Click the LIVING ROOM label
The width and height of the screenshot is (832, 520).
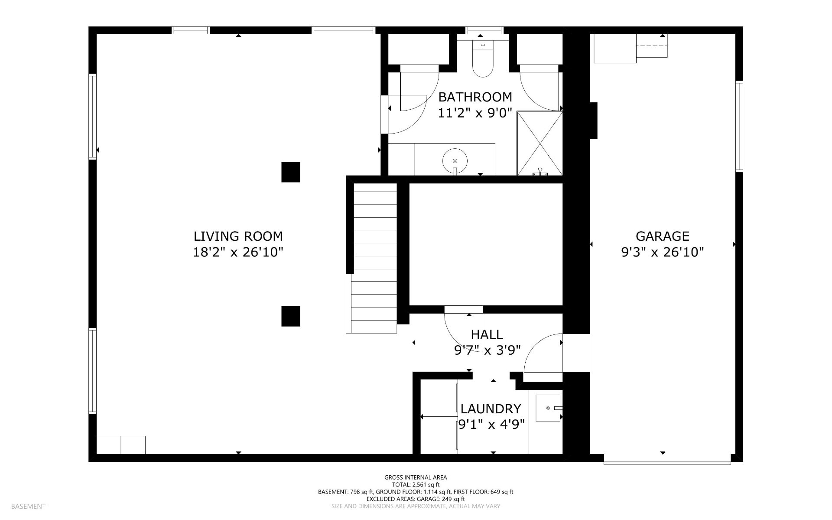pyautogui.click(x=238, y=236)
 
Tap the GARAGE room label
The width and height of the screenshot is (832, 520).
pyautogui.click(x=662, y=236)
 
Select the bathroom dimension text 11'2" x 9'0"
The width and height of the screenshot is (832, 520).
pyautogui.click(x=475, y=113)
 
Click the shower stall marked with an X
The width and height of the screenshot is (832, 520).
pyautogui.click(x=540, y=143)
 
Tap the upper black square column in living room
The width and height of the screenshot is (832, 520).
pyautogui.click(x=291, y=172)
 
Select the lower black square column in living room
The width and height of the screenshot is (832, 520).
pyautogui.click(x=291, y=316)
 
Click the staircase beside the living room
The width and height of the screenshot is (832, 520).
pyautogui.click(x=374, y=258)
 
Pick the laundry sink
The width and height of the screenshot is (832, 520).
pyautogui.click(x=549, y=408)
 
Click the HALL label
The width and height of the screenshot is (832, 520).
pyautogui.click(x=487, y=334)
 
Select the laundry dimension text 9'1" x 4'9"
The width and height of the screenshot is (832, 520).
pyautogui.click(x=492, y=424)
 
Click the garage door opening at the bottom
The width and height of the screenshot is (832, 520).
pyautogui.click(x=667, y=462)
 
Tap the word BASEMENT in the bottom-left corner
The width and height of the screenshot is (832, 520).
pyautogui.click(x=28, y=506)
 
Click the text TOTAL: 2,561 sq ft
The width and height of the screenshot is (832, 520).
pyautogui.click(x=416, y=484)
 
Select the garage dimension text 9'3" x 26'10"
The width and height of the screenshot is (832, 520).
pyautogui.click(x=662, y=252)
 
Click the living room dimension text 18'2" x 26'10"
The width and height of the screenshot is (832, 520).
pyautogui.click(x=238, y=252)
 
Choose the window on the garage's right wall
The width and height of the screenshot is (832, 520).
pyautogui.click(x=739, y=126)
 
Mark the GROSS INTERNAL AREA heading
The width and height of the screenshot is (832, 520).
pyautogui.click(x=416, y=477)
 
